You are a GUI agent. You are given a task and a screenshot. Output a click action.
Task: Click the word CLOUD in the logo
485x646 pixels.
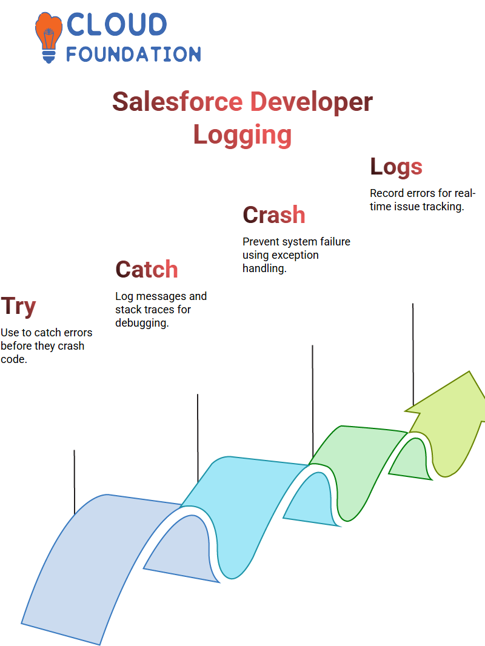(116, 24)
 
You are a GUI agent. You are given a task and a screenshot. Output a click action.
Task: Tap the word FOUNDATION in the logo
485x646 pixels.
(133, 55)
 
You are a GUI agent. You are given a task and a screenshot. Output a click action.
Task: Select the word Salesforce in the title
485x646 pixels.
(178, 102)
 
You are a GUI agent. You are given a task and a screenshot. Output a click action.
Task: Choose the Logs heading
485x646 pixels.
(396, 167)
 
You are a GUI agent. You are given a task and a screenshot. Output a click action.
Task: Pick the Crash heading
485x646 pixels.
(274, 215)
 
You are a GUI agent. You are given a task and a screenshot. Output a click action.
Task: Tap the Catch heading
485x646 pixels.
(147, 270)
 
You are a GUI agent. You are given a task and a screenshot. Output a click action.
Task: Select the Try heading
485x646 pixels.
(18, 307)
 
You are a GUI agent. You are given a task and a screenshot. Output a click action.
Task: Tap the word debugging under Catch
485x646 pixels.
(142, 324)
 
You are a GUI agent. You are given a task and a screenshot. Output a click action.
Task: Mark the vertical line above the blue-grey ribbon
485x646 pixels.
(74, 482)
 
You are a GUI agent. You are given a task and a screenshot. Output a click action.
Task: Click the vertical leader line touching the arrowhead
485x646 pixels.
(413, 355)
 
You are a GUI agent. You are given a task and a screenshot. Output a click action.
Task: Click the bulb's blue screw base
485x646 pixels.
(48, 56)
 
